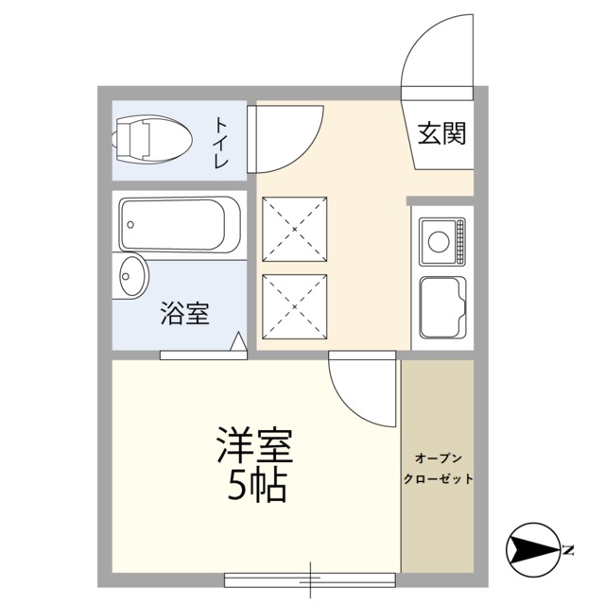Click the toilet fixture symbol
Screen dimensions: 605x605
152,139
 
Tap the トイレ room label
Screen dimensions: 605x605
221,142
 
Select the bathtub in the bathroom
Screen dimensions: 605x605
180,225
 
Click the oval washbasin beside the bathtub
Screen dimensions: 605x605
133,276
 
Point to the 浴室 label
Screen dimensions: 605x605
185,313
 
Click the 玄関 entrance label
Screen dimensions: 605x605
441,133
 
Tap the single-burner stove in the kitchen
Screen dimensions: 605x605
442,242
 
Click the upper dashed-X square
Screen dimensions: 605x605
294,229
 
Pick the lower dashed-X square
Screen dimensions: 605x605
294,306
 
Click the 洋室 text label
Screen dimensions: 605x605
254,445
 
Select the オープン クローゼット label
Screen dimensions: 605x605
438,469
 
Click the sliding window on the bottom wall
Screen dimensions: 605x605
310,579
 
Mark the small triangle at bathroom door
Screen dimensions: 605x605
238,341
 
